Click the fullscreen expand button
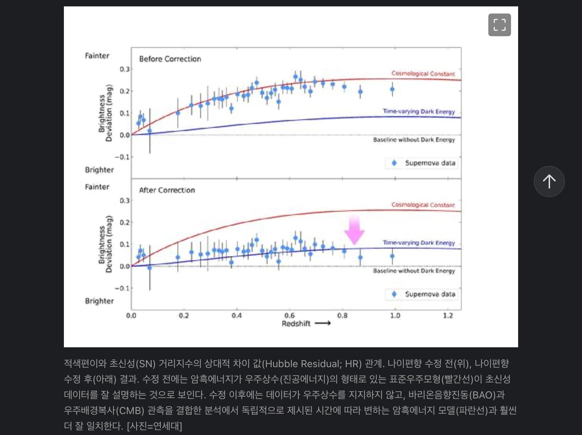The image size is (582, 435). point(499,25)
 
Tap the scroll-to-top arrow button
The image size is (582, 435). point(549,181)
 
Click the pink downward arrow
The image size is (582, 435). point(355,230)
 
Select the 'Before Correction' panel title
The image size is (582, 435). point(170,59)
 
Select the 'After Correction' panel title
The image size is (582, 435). point(167,190)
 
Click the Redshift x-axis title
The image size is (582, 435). point(296,323)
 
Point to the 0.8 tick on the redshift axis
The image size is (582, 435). point(342,315)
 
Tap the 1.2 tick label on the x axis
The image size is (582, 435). point(448,315)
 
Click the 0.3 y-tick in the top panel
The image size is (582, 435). point(125,69)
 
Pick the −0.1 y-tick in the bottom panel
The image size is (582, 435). point(122,288)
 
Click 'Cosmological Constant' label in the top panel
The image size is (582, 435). point(423,74)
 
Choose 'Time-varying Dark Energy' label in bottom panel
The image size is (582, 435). point(419,243)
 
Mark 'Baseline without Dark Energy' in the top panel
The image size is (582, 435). point(414,140)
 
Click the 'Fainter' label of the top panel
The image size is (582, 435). point(97,56)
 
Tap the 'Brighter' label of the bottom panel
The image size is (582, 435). point(99,301)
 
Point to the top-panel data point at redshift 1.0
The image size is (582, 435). point(392,89)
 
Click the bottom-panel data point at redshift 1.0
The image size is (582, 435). point(392,256)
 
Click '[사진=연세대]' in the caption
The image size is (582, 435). point(154,426)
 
